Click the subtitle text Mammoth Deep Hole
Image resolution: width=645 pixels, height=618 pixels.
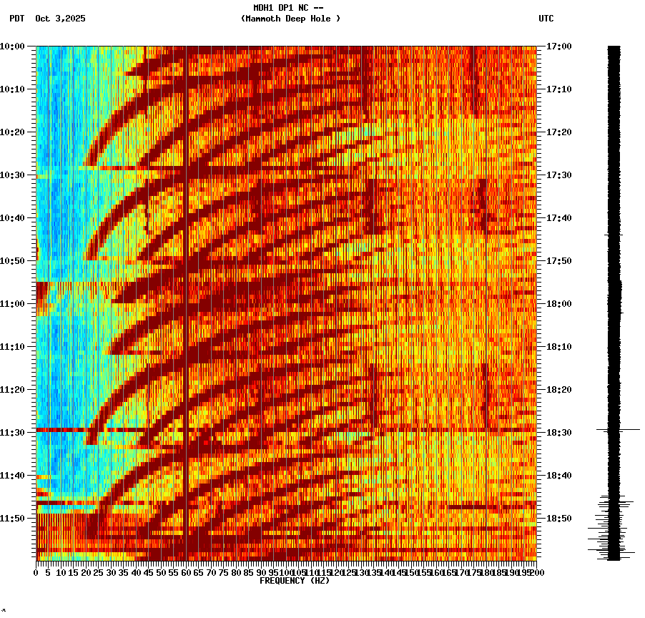pyautogui.click(x=290, y=19)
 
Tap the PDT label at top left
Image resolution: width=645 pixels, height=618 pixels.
pyautogui.click(x=16, y=19)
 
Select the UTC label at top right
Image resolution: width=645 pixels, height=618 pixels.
pyautogui.click(x=546, y=19)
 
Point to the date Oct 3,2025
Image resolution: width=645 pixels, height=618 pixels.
pyautogui.click(x=60, y=19)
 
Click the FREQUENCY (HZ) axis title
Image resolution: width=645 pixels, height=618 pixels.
pyautogui.click(x=295, y=581)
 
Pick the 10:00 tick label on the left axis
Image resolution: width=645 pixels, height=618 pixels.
pyautogui.click(x=12, y=46)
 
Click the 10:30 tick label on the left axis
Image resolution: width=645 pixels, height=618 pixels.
pyautogui.click(x=12, y=175)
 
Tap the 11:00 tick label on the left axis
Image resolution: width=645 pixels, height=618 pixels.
pyautogui.click(x=12, y=304)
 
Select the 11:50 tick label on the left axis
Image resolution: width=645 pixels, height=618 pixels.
pyautogui.click(x=12, y=519)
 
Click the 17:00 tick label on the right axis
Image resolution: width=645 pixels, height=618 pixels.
pyautogui.click(x=558, y=46)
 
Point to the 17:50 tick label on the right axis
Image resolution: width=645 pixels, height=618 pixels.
pyautogui.click(x=558, y=261)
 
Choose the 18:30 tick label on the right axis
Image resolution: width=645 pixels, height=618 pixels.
pyautogui.click(x=558, y=433)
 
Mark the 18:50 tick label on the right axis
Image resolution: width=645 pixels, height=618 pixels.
pyautogui.click(x=558, y=519)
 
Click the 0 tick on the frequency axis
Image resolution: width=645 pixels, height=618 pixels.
pyautogui.click(x=36, y=573)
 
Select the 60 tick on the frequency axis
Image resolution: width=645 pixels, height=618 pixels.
pyautogui.click(x=186, y=573)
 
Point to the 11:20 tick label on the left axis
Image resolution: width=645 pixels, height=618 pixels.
pyautogui.click(x=12, y=390)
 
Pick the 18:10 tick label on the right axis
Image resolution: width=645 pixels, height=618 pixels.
pyautogui.click(x=558, y=347)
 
